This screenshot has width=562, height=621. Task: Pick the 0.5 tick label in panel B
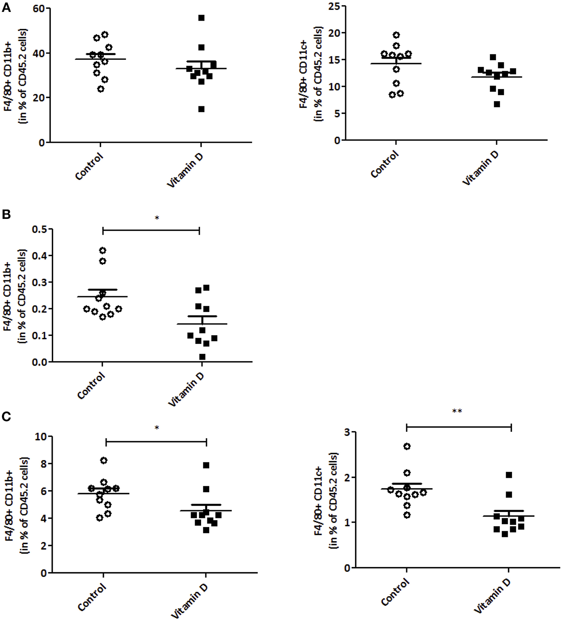[x=39, y=229]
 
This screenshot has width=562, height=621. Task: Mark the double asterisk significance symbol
[x=457, y=411]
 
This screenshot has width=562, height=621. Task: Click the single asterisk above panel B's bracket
[x=157, y=218]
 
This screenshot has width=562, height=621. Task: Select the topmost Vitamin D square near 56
[x=201, y=18]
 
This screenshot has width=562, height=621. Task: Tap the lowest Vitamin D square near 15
[x=201, y=109]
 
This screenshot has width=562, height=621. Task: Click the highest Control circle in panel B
[x=103, y=250]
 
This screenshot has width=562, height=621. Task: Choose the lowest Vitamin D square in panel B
[x=202, y=357]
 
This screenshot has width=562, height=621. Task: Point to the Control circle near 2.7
[x=407, y=447]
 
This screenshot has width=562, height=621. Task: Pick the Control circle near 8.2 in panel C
[x=104, y=460]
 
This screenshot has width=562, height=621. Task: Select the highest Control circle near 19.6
[x=396, y=35]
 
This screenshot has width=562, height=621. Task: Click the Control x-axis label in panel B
[x=91, y=385]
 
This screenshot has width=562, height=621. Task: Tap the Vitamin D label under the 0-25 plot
[x=480, y=168]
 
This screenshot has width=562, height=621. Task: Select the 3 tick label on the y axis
[x=347, y=432]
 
